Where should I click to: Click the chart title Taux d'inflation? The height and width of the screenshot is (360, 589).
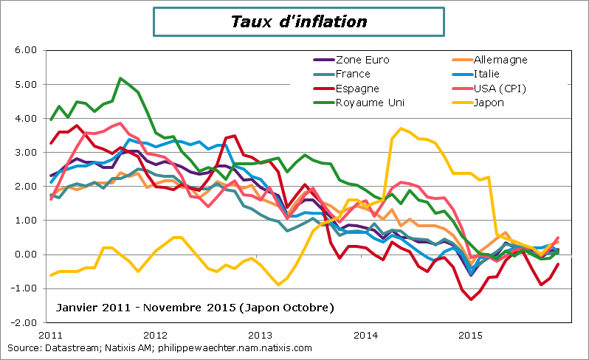click(299, 21)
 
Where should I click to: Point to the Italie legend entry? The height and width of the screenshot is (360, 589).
click(492, 74)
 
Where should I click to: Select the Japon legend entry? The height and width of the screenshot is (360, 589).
click(490, 102)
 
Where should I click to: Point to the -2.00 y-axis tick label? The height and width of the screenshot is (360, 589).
click(24, 322)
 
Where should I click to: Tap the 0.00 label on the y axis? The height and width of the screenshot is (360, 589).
click(26, 255)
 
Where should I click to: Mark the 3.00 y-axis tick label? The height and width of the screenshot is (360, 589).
click(26, 152)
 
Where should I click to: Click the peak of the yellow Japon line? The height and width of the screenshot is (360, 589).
click(401, 128)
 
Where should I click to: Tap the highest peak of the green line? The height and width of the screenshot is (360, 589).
click(120, 77)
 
